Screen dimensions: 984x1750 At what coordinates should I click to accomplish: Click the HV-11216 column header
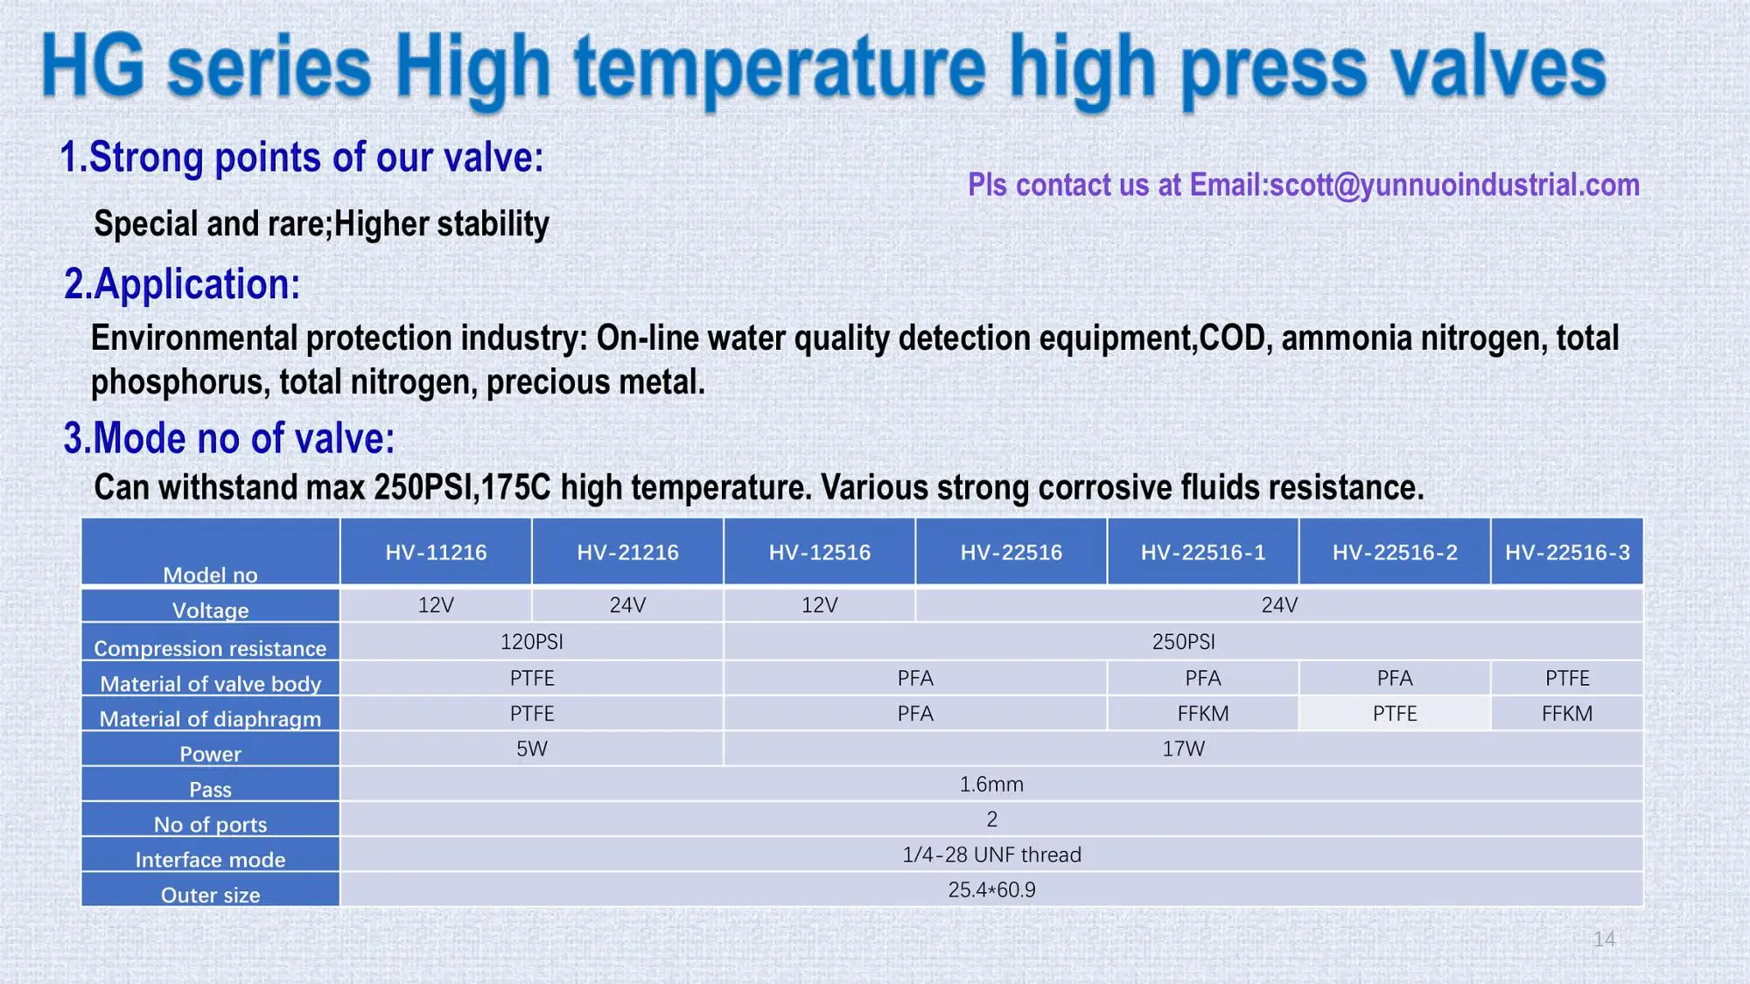[x=436, y=552]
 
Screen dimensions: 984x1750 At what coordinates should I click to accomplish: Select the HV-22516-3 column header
[x=1567, y=552]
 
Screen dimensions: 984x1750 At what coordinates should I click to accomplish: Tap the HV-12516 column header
[x=820, y=552]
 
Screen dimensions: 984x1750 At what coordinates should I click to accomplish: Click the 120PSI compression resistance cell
[x=531, y=642]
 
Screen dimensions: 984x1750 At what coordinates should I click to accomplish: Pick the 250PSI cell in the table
[x=1183, y=642]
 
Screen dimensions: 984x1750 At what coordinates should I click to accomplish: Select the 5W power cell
[x=531, y=749]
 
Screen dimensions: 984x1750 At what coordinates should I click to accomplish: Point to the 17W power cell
[x=1183, y=749]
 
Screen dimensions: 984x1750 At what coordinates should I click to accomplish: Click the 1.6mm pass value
[x=991, y=785]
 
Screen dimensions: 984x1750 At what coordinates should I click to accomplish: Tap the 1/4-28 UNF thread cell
[x=991, y=855]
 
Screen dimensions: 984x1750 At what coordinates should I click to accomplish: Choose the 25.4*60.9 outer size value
[x=991, y=890]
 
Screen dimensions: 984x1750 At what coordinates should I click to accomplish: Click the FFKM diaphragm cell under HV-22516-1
[x=1203, y=714]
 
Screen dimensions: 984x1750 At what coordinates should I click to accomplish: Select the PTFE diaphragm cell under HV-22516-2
[x=1395, y=714]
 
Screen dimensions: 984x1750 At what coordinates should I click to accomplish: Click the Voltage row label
[x=210, y=610]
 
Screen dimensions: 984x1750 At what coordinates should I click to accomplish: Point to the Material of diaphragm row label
[x=210, y=718]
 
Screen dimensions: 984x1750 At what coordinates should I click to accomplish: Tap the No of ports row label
[x=210, y=824]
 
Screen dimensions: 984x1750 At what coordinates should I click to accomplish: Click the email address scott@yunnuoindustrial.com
[x=1454, y=185]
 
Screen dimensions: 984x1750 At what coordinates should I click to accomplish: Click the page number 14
[x=1604, y=939]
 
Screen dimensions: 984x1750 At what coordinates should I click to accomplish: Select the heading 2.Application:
[x=182, y=284]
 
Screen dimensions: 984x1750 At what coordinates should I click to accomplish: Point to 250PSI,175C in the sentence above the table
[x=462, y=488]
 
